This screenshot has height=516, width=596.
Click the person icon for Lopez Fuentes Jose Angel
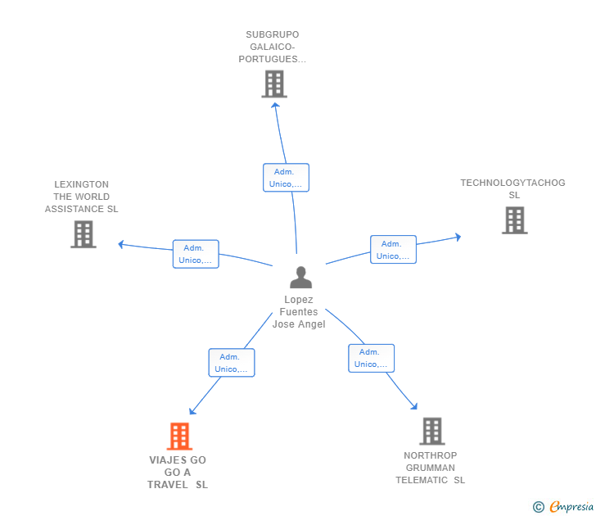coord(300,277)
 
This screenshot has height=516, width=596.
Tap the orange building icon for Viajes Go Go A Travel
coord(179,437)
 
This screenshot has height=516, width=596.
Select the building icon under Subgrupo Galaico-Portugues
coord(274,84)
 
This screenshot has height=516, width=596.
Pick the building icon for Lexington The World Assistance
coord(84,234)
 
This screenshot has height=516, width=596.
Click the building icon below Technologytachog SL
coord(515,220)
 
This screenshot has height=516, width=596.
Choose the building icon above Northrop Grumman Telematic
coord(432,431)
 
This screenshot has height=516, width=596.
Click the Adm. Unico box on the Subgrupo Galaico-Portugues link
coord(286,178)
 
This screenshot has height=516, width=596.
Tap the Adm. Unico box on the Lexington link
coord(196,254)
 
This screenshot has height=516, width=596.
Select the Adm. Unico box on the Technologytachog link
coord(394,250)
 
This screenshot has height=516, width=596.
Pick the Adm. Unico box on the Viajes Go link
coord(232,363)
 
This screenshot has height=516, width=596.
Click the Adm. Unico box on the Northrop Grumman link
coord(372,358)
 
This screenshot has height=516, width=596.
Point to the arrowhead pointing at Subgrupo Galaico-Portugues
coord(275,106)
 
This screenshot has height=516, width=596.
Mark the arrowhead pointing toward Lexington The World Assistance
coord(121,245)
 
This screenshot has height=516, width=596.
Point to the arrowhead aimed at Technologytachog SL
coord(458,237)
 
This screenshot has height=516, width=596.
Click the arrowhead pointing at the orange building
coord(192,411)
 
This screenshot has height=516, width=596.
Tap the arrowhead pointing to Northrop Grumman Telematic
coord(414,406)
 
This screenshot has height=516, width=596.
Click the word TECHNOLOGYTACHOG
coord(512,183)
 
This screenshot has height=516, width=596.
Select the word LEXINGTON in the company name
coord(81,184)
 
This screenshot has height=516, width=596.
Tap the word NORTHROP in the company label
coord(431,455)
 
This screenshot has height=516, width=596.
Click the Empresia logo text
coord(571,507)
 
